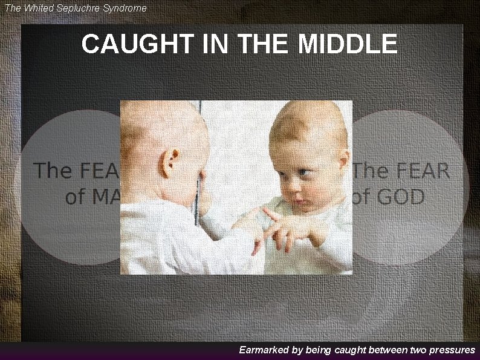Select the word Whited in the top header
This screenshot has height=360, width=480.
coord(42,8)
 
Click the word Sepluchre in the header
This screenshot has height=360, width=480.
coord(81,8)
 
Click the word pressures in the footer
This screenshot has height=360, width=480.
coord(451,350)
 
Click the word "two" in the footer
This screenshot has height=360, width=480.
coord(417,350)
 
